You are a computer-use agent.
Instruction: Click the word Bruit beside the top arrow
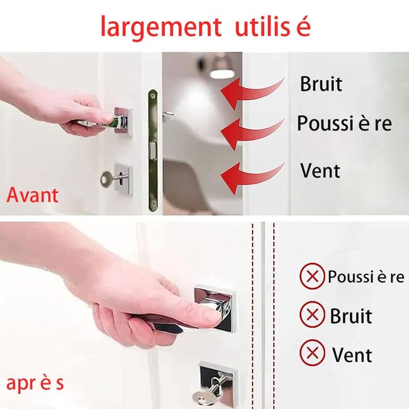point(321,84)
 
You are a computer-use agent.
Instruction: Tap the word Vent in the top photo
point(320,170)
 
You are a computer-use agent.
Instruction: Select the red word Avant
point(32,194)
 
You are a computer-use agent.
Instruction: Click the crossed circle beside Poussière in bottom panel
point(311,277)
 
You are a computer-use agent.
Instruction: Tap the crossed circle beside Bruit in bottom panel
point(311,315)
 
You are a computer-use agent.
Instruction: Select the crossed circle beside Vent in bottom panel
point(311,353)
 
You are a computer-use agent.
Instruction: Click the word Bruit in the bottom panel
point(350,316)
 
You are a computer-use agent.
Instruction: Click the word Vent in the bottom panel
point(352,354)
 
